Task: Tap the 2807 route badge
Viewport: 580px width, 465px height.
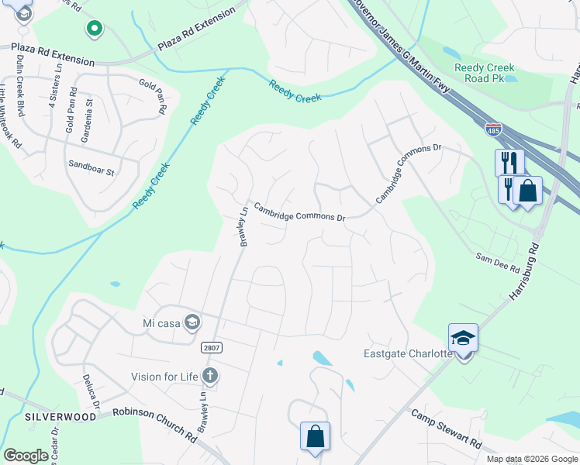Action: click(211, 348)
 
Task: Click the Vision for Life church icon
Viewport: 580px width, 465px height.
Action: click(209, 377)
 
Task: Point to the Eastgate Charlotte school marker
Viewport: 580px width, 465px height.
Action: click(463, 339)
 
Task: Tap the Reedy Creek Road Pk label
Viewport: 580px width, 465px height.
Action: click(485, 73)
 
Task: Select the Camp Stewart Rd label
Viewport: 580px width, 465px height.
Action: click(445, 430)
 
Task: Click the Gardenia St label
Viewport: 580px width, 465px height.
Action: click(90, 113)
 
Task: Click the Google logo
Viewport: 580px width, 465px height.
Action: click(26, 456)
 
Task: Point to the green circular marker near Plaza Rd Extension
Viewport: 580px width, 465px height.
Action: click(94, 30)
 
